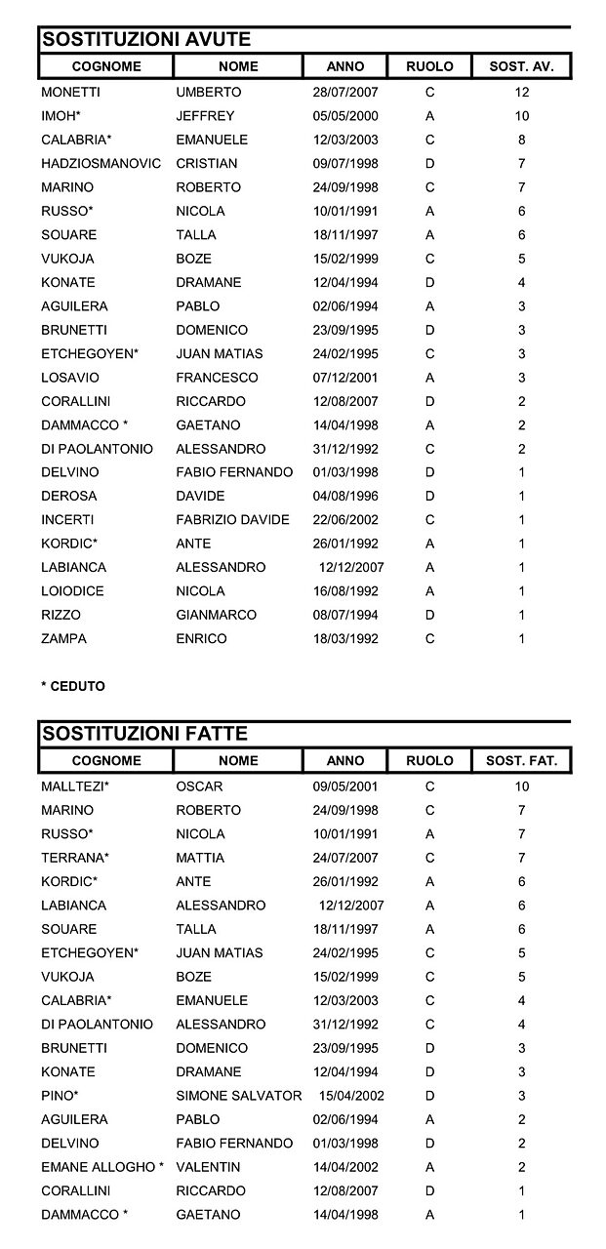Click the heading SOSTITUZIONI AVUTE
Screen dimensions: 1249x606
(x=144, y=39)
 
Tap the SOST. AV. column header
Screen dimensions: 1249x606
(x=521, y=66)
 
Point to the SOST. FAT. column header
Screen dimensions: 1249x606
(x=521, y=760)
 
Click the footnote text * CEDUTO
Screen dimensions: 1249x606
(x=73, y=686)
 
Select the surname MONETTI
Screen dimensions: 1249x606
(x=71, y=93)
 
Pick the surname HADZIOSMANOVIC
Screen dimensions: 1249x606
(x=101, y=164)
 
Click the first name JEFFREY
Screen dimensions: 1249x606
(x=205, y=116)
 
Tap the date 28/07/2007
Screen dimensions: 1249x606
(x=345, y=93)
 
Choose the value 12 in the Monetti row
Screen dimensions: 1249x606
(x=522, y=93)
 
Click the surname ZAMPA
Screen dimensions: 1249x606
(x=64, y=639)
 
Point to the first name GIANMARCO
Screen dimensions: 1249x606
(x=217, y=615)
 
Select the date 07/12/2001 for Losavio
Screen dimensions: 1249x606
(x=345, y=378)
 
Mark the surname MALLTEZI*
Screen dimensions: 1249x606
(x=75, y=786)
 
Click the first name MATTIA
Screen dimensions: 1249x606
(x=200, y=858)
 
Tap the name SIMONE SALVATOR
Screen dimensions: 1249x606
(x=239, y=1096)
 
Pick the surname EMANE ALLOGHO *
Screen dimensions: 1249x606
(x=102, y=1167)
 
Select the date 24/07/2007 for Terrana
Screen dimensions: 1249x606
(x=345, y=858)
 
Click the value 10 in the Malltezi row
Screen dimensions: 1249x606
(x=522, y=786)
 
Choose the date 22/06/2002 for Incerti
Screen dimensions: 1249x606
(x=345, y=520)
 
